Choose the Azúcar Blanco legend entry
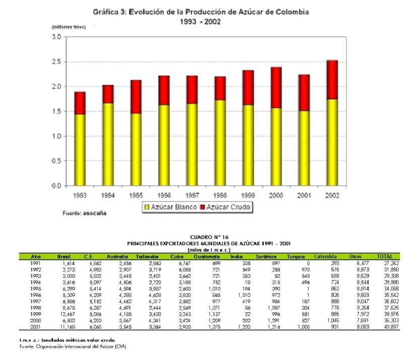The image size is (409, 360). click(x=170, y=207)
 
